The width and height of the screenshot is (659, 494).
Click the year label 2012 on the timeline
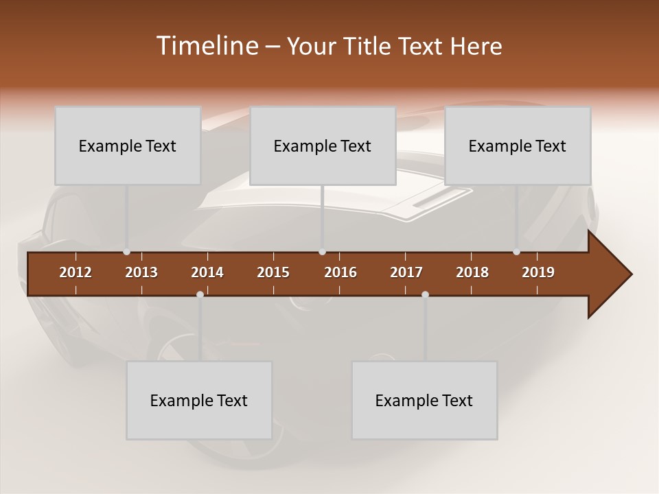76,272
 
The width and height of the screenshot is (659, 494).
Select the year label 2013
141,272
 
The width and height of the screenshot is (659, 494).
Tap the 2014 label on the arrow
207,272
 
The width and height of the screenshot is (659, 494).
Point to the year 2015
273,272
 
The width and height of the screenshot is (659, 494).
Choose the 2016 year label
340,272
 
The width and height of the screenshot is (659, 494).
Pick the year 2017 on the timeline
406,272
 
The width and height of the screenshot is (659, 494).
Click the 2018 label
472,272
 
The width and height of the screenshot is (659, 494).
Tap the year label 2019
538,272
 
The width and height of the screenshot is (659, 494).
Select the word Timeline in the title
206,46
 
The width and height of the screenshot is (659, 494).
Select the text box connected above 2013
128,145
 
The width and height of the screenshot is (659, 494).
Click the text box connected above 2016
323,145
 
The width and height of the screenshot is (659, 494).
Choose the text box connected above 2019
518,145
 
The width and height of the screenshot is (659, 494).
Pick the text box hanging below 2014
199,400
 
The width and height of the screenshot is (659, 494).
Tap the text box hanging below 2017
424,400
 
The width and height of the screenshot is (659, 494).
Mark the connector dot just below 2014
200,294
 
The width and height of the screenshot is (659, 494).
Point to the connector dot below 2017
425,294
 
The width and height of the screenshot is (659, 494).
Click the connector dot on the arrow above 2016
322,252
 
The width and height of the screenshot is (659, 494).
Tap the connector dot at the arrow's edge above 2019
516,252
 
